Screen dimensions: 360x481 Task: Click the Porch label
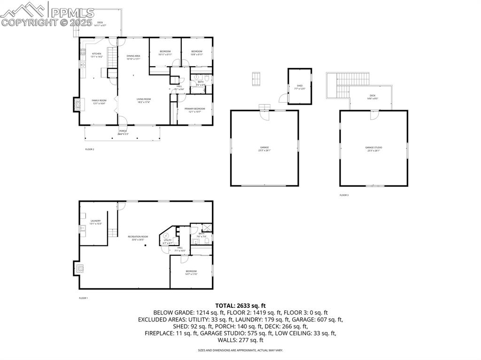(123, 132)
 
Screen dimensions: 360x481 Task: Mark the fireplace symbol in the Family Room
(76, 105)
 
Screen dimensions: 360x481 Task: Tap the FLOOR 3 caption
(344, 195)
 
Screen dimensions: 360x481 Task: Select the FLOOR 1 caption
(83, 298)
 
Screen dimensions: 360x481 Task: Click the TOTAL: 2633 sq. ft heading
(240, 305)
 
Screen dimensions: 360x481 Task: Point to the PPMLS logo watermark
(47, 14)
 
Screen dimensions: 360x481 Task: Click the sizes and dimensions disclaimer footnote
(240, 350)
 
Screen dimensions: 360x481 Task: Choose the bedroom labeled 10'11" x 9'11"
(165, 53)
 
